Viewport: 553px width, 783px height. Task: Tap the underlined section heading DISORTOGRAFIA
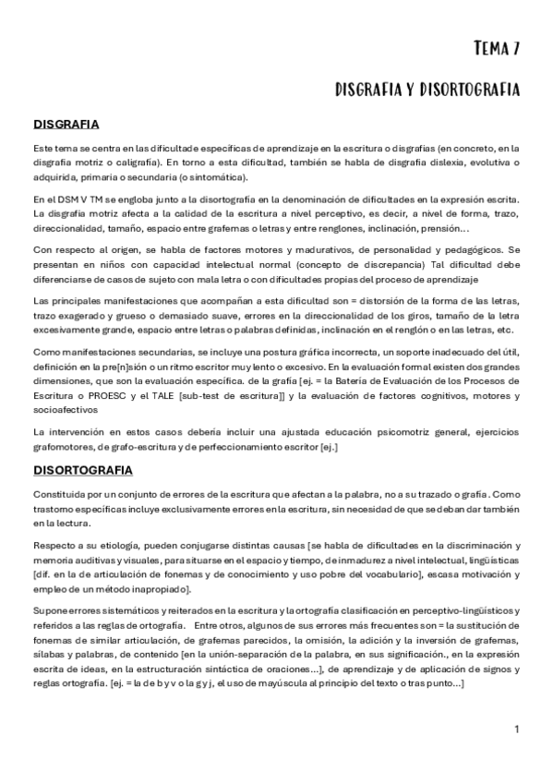(83, 470)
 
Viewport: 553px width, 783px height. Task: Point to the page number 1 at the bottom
(517, 729)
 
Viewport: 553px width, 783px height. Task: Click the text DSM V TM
(82, 199)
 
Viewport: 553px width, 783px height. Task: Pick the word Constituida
(63, 494)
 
